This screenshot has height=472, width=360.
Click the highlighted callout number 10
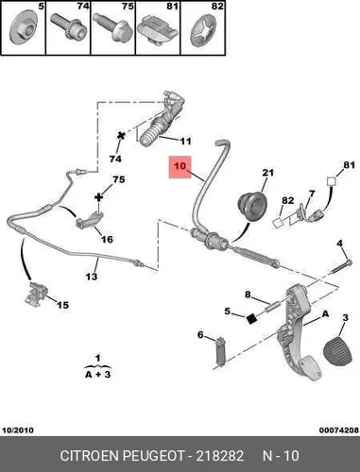tap(180, 166)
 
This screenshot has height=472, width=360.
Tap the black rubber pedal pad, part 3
tap(338, 351)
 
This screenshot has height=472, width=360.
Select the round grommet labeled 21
tap(252, 206)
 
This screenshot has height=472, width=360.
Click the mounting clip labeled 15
tap(37, 293)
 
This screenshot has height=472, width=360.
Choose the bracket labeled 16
tap(90, 219)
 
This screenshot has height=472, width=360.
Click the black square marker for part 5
tap(252, 319)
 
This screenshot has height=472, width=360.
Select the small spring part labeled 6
tap(220, 351)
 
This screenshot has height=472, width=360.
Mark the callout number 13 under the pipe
tap(92, 277)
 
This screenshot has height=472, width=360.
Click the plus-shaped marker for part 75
tap(99, 197)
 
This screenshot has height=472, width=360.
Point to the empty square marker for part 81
tap(331, 181)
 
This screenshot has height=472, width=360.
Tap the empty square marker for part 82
tap(278, 223)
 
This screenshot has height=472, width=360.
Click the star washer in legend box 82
tap(203, 31)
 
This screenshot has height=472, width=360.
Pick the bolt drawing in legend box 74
tap(68, 28)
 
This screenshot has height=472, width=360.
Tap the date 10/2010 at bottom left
tap(18, 430)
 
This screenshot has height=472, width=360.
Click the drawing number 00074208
tap(339, 430)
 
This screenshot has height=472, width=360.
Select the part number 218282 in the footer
tap(220, 456)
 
